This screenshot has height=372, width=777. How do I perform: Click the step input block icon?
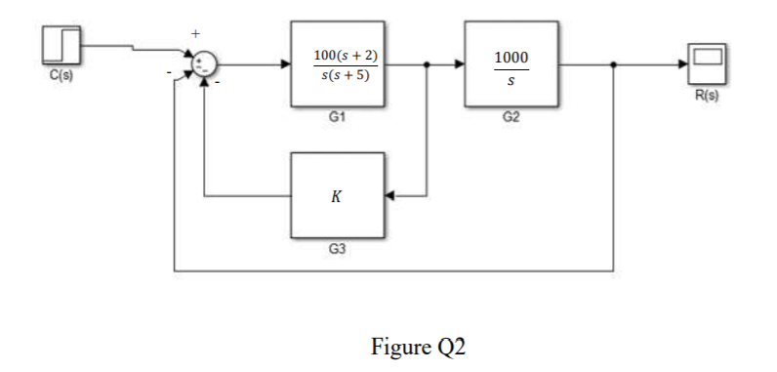click(x=61, y=46)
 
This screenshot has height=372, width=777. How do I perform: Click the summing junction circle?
click(x=205, y=65)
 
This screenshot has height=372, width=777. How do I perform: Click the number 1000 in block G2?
click(x=511, y=59)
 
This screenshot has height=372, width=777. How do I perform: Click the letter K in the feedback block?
click(x=337, y=195)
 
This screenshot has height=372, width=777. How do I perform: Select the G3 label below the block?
click(x=338, y=250)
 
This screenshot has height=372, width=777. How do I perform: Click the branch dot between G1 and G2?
click(x=428, y=65)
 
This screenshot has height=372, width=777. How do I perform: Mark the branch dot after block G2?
click(x=613, y=65)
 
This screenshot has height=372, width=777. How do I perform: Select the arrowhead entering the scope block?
click(x=680, y=65)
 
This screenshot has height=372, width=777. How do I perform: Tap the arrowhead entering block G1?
click(x=284, y=65)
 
